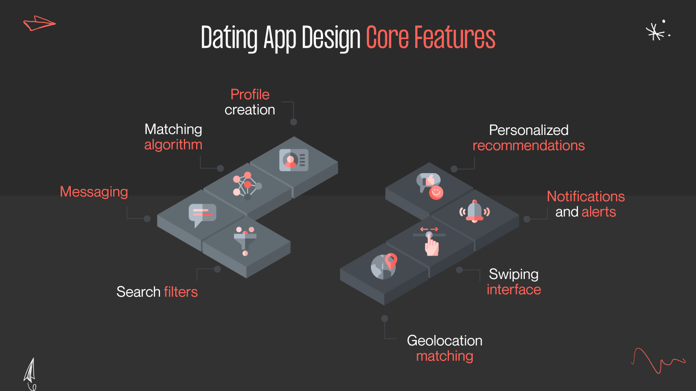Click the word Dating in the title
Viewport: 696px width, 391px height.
[230, 38]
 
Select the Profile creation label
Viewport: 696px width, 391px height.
[250, 102]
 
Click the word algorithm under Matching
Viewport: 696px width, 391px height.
[173, 145]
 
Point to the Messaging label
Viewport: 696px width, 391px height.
[94, 192]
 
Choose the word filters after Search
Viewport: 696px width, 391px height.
[181, 292]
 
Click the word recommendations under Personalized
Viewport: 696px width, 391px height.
[528, 146]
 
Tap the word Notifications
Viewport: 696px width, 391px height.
[585, 197]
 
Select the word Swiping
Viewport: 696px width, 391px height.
[514, 274]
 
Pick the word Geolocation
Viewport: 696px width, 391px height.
[444, 341]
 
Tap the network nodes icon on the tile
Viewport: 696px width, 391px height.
[247, 184]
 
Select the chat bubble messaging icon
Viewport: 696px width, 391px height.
[202, 214]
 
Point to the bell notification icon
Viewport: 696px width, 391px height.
[474, 211]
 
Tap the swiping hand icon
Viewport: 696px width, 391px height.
[432, 242]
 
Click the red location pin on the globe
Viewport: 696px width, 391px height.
[391, 261]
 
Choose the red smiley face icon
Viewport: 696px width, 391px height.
[436, 192]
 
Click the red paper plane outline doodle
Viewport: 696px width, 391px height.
[39, 23]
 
